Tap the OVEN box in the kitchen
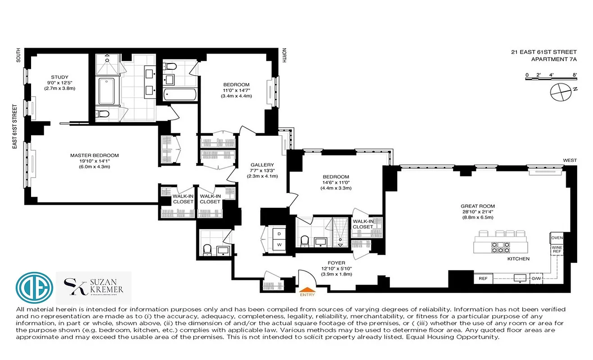click(557, 238)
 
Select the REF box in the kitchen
click(483, 279)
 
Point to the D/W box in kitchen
click(536, 279)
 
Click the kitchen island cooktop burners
click(501, 247)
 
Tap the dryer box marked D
click(279, 234)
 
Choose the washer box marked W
click(279, 245)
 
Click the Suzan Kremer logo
click(94, 287)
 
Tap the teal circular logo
click(34, 287)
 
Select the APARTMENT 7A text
click(554, 59)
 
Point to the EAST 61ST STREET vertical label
click(15, 126)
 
